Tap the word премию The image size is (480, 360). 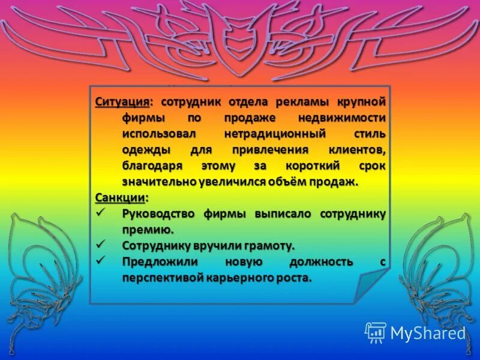coord(148,230)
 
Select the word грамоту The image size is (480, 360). coord(267,246)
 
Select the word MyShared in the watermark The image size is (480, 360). coord(427,332)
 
